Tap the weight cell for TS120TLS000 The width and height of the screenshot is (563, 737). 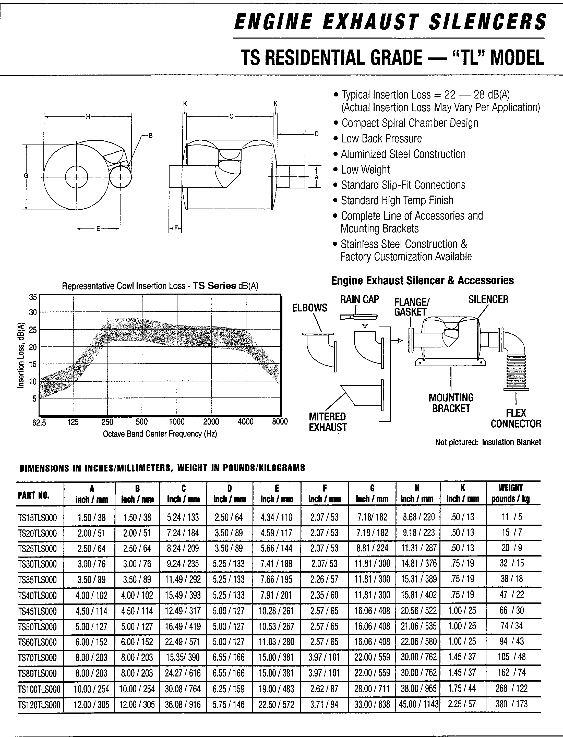click(x=511, y=704)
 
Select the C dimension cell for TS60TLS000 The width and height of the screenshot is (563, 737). click(x=183, y=642)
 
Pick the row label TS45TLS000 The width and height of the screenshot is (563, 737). click(x=38, y=611)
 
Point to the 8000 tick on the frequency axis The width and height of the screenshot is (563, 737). click(x=280, y=421)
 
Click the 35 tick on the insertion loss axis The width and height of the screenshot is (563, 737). click(x=33, y=297)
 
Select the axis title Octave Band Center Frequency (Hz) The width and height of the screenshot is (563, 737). click(x=160, y=434)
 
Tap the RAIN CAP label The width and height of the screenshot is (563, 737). click(x=360, y=299)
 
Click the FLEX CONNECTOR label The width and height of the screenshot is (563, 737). click(x=516, y=418)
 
